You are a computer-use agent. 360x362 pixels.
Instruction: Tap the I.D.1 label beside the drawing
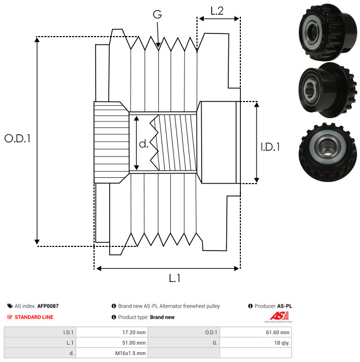pyautogui.click(x=270, y=147)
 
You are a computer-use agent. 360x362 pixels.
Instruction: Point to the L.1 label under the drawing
pyautogui.click(x=175, y=278)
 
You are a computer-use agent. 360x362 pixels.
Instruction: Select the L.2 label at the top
pyautogui.click(x=217, y=10)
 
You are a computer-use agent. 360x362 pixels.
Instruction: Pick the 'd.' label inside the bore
pyautogui.click(x=144, y=144)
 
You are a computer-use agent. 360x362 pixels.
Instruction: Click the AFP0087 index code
pyautogui.click(x=48, y=306)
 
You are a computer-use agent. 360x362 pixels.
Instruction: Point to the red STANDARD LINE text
pyautogui.click(x=34, y=317)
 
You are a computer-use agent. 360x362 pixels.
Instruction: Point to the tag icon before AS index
pyautogui.click(x=9, y=306)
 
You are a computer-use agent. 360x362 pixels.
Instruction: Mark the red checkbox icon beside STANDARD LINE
pyautogui.click(x=9, y=317)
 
